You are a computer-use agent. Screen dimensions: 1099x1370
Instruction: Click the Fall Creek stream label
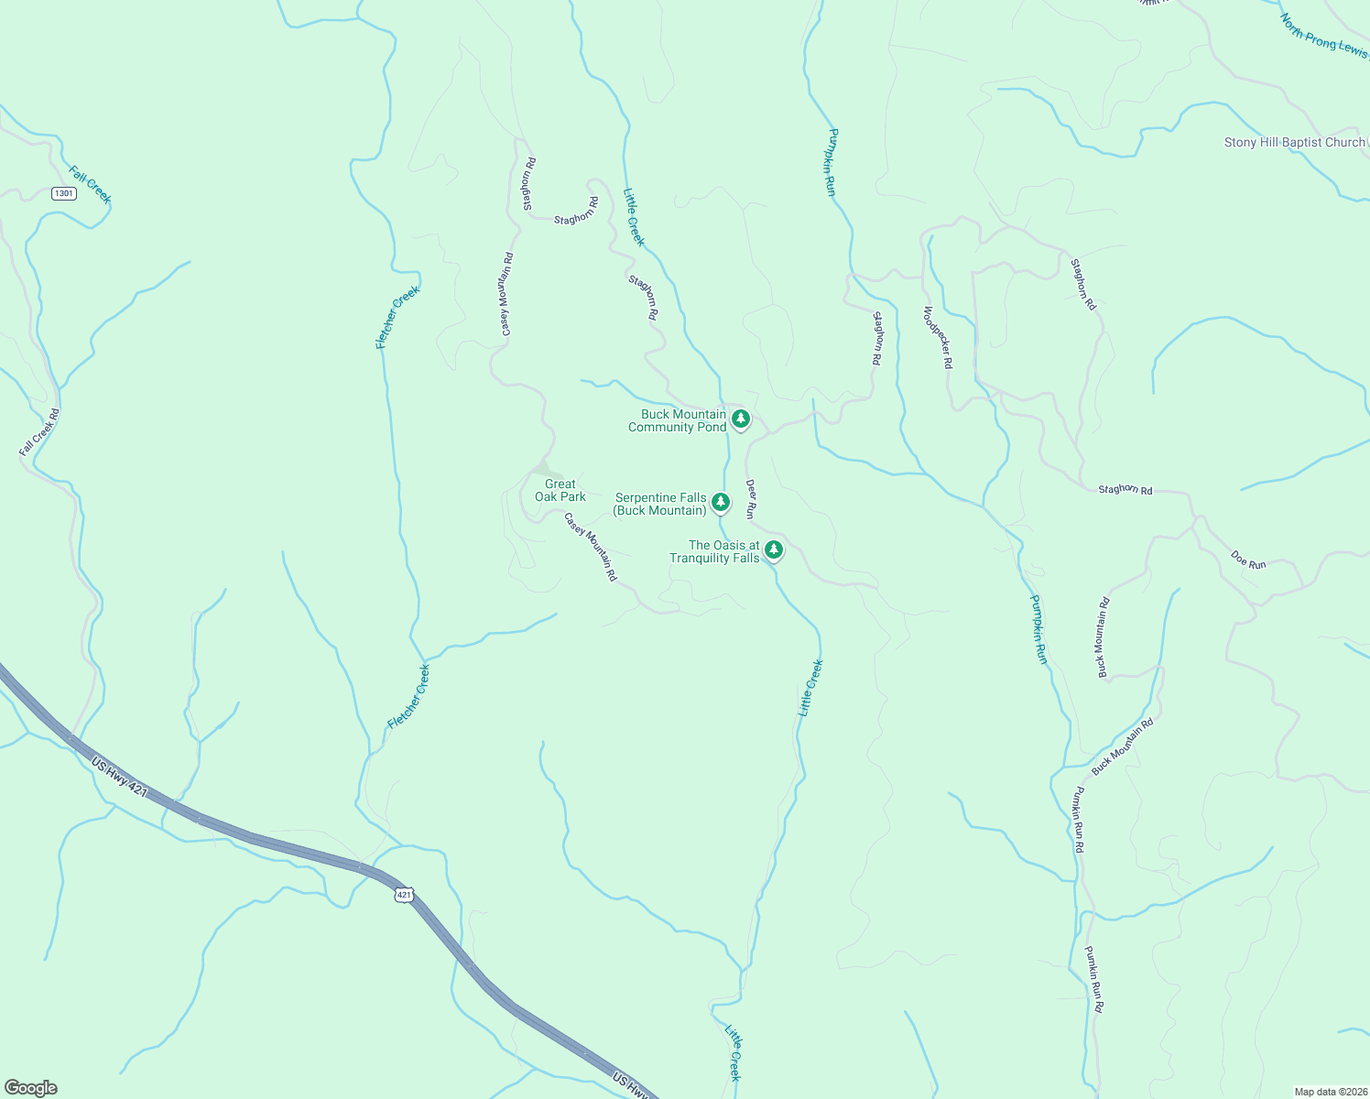pyautogui.click(x=90, y=184)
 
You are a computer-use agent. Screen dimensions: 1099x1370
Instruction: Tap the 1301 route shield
pyautogui.click(x=63, y=193)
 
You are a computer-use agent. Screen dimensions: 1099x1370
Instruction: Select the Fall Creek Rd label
pyautogui.click(x=39, y=432)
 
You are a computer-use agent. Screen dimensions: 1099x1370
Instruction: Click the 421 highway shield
pyautogui.click(x=405, y=893)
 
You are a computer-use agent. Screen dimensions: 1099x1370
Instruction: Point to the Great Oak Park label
pyautogui.click(x=560, y=490)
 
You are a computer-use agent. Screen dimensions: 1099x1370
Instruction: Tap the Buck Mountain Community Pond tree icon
pyautogui.click(x=741, y=419)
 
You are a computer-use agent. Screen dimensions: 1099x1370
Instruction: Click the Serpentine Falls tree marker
pyautogui.click(x=721, y=502)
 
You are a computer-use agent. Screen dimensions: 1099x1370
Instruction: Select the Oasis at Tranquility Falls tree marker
pyautogui.click(x=774, y=549)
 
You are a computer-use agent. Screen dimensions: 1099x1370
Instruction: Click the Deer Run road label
pyautogui.click(x=750, y=499)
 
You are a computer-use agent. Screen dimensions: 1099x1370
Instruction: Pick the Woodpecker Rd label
pyautogui.click(x=938, y=337)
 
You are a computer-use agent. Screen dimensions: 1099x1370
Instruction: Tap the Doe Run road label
pyautogui.click(x=1248, y=559)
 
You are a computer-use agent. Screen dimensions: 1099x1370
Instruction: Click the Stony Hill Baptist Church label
pyautogui.click(x=1294, y=142)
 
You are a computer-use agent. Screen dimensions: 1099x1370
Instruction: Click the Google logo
pyautogui.click(x=30, y=1088)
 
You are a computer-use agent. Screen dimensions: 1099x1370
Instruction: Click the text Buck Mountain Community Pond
pyautogui.click(x=677, y=420)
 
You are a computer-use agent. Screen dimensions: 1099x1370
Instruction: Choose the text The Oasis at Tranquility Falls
pyautogui.click(x=714, y=551)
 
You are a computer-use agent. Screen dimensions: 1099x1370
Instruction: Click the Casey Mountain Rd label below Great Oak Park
pyautogui.click(x=591, y=548)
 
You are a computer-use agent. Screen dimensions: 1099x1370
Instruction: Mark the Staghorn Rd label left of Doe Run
pyautogui.click(x=1125, y=490)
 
